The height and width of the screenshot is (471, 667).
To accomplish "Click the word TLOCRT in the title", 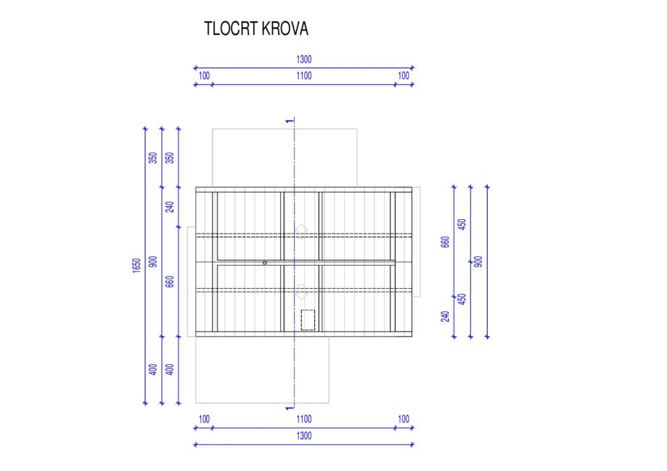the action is pos(231,29).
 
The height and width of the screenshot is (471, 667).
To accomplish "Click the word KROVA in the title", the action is pos(285,29).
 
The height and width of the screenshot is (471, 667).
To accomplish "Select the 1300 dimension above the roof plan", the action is pos(303,59).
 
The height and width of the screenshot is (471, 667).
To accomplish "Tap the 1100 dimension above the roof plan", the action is pos(303,75).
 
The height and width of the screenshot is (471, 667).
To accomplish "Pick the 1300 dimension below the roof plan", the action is pos(303,435).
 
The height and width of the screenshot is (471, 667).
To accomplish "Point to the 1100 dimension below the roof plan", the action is pos(303,419).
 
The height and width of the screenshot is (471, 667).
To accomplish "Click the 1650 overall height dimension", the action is pos(136,265).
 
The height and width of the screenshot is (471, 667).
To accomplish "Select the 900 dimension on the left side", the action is pos(153,261).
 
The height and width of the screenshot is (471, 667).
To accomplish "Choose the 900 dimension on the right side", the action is pos(478,261).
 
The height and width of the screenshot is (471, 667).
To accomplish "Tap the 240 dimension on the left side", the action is pos(170,207).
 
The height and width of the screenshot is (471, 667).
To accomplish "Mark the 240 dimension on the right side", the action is pos(445,316).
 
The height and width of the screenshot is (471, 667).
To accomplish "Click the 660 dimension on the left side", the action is pos(170,282).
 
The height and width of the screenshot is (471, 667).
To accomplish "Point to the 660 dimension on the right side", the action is pos(445,242).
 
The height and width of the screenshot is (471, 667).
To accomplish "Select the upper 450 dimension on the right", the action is pos(462,224).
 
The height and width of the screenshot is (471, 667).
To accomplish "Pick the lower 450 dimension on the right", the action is pos(462,299).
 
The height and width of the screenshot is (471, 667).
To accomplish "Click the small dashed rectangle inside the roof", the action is pos(308,320).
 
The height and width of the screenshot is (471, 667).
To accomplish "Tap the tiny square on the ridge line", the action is pos(265,263).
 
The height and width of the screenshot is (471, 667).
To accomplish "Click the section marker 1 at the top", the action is pos(290,121).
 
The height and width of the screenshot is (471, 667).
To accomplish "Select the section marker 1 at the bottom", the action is pos(290,409).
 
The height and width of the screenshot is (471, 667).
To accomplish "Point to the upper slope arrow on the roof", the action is pos(301,231).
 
